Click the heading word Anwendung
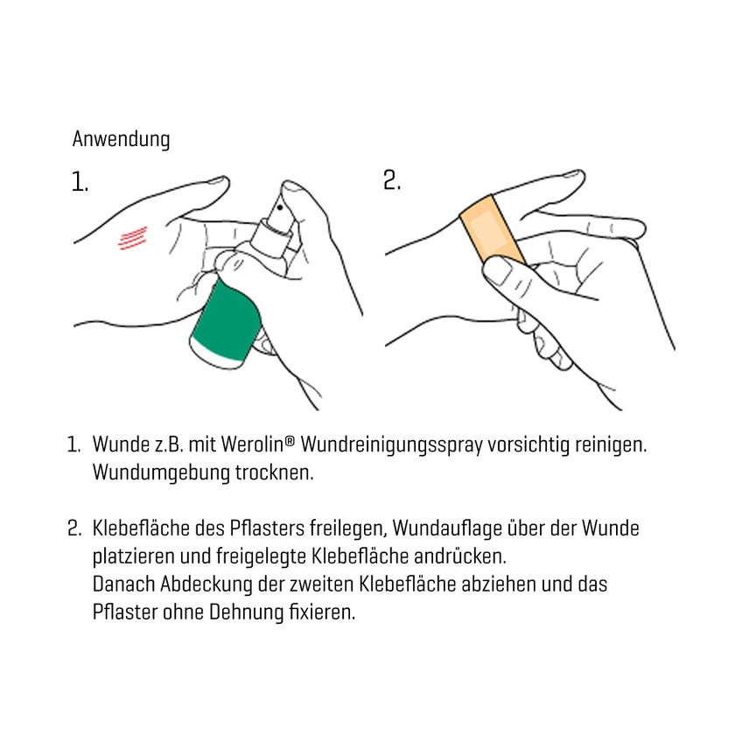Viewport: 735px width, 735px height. pos(121,139)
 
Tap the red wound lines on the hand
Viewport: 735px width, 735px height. pos(133,238)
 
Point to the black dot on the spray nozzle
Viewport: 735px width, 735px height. pos(280,207)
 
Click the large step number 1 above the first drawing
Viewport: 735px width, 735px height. pos(80,181)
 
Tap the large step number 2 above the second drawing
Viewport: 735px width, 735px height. pos(392,180)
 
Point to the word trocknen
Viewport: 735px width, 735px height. pos(274,472)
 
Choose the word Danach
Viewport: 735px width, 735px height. pos(123,584)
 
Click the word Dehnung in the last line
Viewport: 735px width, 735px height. pos(246,613)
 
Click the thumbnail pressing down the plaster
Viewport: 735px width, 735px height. pos(498,270)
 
